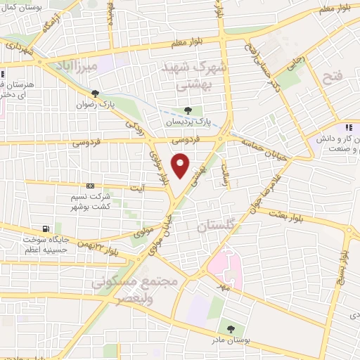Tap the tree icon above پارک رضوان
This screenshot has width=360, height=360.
95,94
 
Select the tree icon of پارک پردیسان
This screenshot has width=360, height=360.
187,110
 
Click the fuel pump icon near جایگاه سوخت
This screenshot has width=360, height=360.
46,229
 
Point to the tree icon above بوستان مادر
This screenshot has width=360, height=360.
231,328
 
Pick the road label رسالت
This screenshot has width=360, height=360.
225,169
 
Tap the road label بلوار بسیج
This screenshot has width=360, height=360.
343,267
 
